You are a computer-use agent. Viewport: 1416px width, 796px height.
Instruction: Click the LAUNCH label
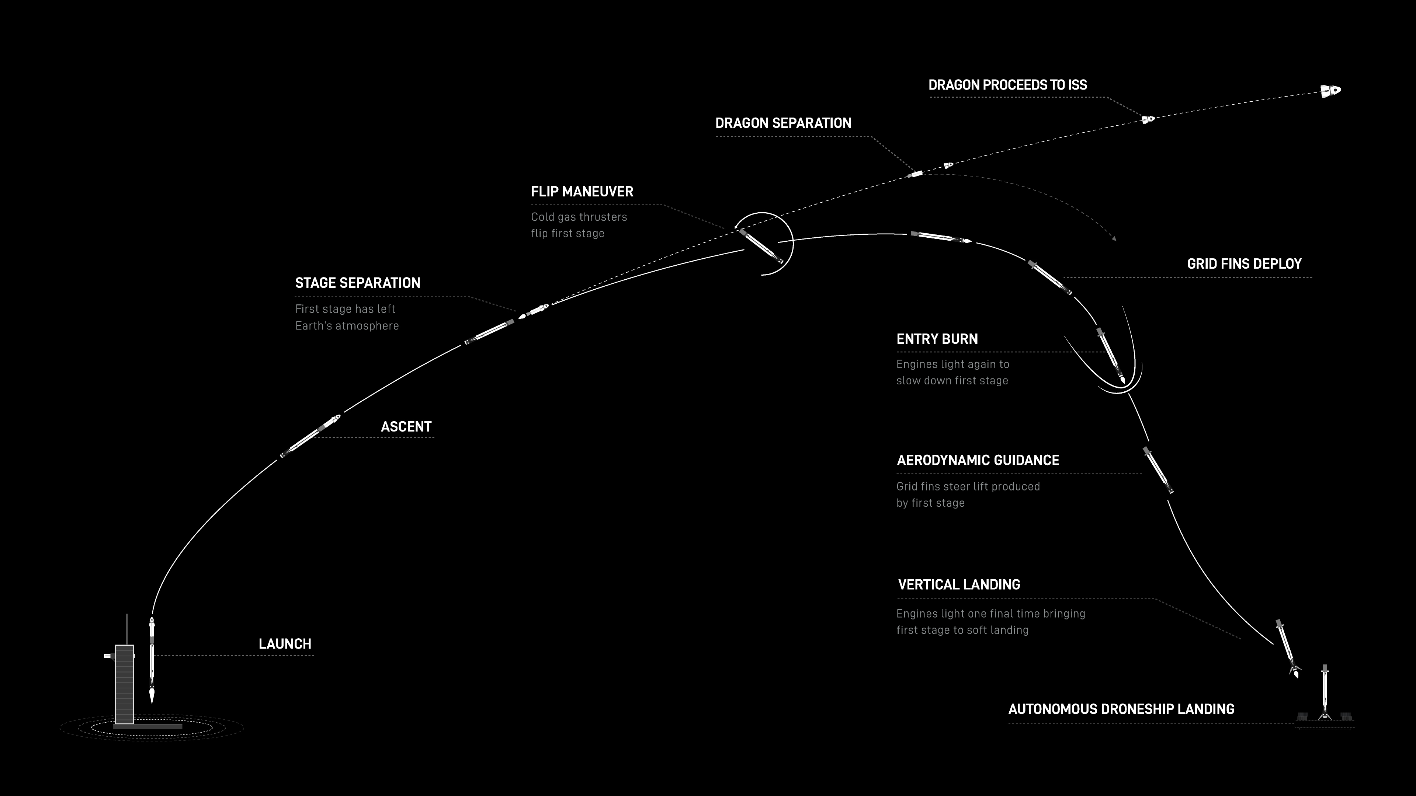tap(285, 644)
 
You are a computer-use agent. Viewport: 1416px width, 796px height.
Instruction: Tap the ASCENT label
tap(406, 427)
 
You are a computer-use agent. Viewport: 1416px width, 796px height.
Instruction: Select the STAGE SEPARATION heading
tap(358, 283)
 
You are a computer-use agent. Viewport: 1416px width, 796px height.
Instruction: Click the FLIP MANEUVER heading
tap(582, 192)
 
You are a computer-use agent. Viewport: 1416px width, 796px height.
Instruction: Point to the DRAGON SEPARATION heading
tap(783, 123)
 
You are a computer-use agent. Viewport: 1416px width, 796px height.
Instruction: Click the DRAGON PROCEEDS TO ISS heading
tap(1007, 85)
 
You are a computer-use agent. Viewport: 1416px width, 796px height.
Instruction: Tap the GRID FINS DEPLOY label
tap(1245, 264)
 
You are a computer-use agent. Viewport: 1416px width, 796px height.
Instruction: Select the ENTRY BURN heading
tap(937, 339)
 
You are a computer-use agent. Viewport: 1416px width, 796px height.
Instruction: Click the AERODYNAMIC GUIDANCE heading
tap(978, 460)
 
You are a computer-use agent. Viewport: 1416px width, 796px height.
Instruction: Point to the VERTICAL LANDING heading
tap(959, 584)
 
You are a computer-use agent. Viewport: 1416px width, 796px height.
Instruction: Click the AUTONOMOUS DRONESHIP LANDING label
tap(1121, 709)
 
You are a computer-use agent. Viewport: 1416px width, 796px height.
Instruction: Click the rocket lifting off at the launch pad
tap(152, 659)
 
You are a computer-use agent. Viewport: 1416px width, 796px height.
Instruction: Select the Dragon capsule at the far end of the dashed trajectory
tap(1331, 90)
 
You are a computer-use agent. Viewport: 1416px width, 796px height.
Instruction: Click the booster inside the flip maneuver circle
tap(761, 246)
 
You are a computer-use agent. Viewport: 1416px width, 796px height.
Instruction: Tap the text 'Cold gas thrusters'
tap(579, 217)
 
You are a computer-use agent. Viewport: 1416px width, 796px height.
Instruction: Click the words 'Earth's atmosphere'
tap(347, 326)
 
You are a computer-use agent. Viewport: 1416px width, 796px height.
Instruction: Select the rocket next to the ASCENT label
tap(310, 436)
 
